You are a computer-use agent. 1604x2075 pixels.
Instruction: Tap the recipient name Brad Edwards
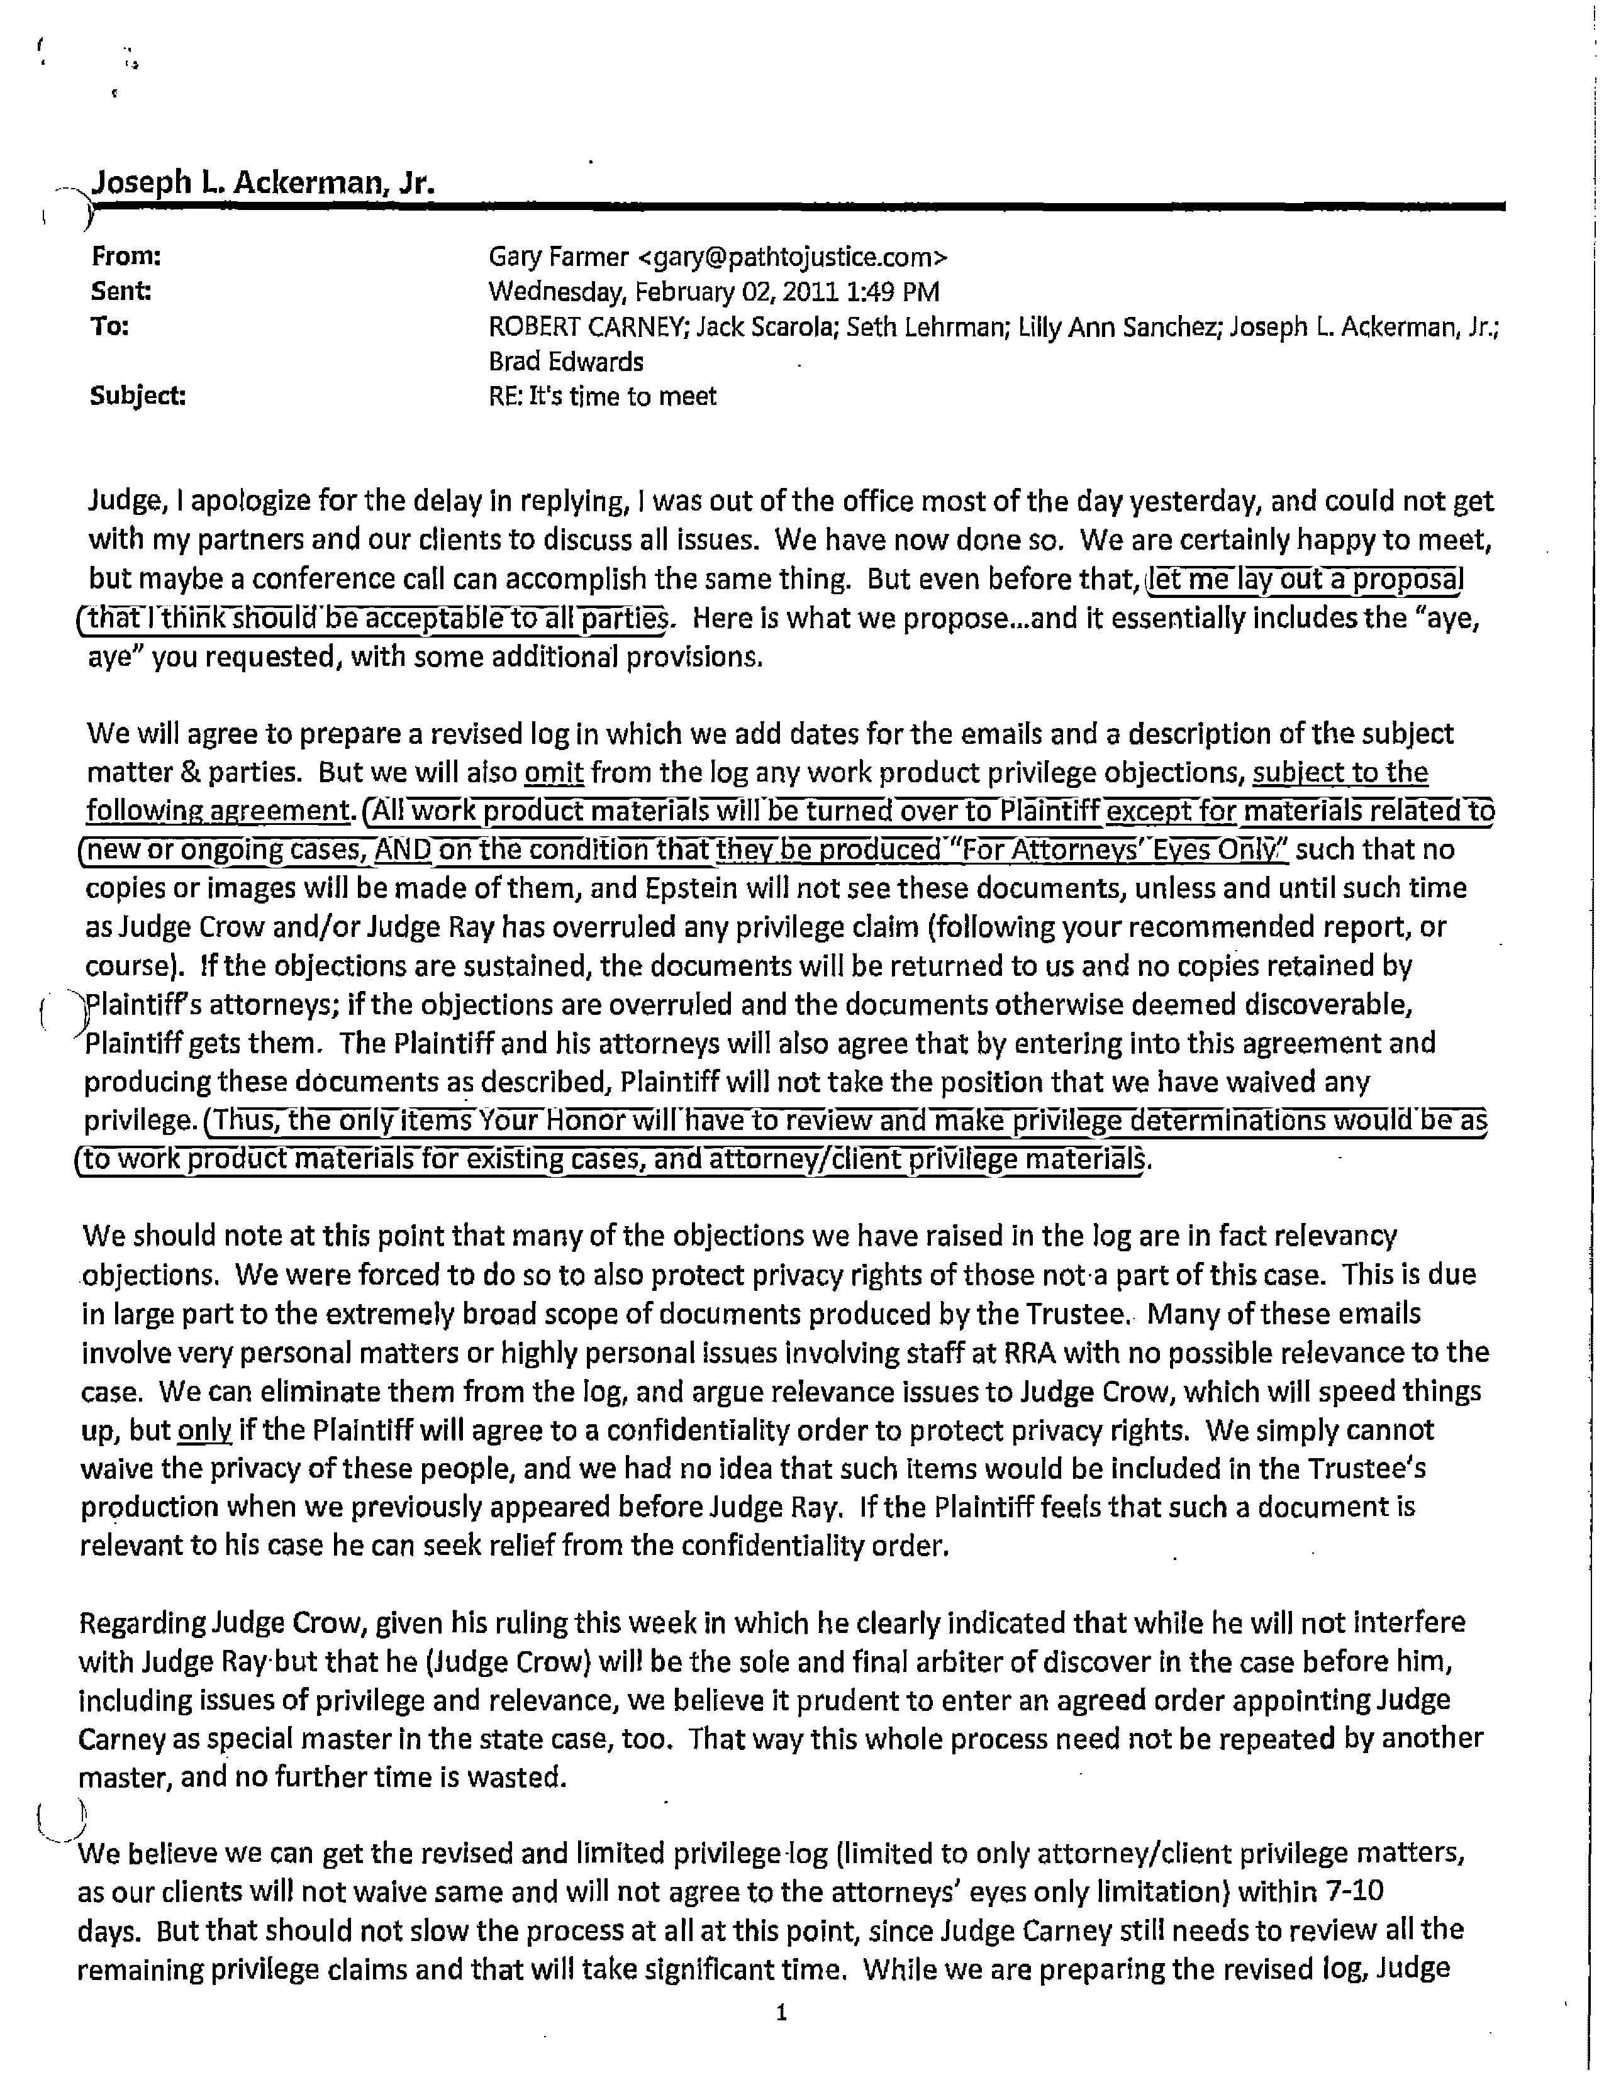pos(565,362)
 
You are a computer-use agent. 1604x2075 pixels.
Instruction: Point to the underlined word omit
pos(554,772)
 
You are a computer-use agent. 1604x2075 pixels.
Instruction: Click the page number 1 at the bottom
pos(781,2011)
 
